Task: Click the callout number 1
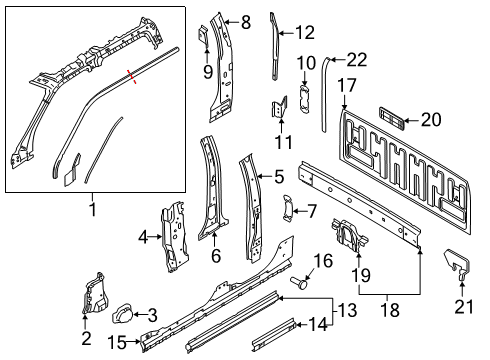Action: tap(94, 210)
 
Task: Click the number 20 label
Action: tap(430, 120)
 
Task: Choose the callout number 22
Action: tap(357, 62)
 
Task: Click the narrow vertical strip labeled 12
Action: tap(274, 45)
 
